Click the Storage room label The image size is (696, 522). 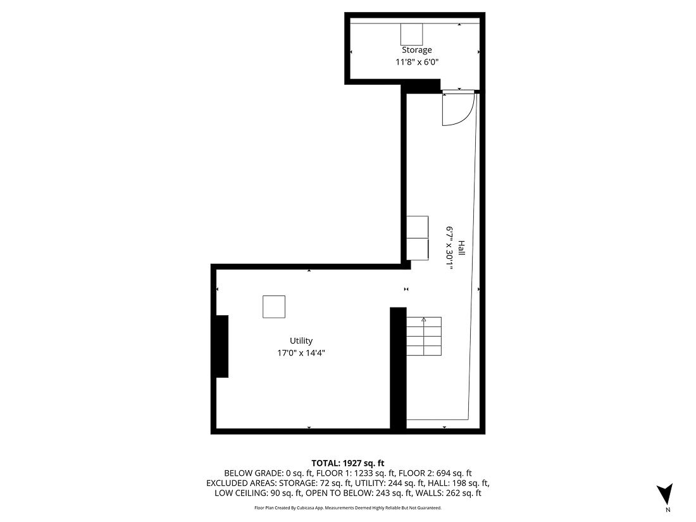tap(417, 50)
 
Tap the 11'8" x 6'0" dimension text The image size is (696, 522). tap(417, 62)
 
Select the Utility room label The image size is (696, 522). tap(301, 341)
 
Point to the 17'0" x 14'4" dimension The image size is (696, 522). tap(301, 353)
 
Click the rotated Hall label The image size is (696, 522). tap(462, 248)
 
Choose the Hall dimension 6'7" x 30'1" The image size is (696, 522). tap(450, 248)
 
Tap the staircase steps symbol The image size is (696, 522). tap(423, 337)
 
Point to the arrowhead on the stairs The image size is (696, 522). tap(423, 320)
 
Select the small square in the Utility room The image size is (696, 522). tap(274, 307)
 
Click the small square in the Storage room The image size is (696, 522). tap(411, 34)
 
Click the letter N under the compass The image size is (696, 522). tap(668, 509)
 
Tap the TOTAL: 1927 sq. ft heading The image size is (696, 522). tap(347, 463)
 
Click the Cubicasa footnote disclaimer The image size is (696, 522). tap(347, 508)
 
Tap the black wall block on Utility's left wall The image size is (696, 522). tap(221, 346)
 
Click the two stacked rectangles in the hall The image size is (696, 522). tap(418, 237)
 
